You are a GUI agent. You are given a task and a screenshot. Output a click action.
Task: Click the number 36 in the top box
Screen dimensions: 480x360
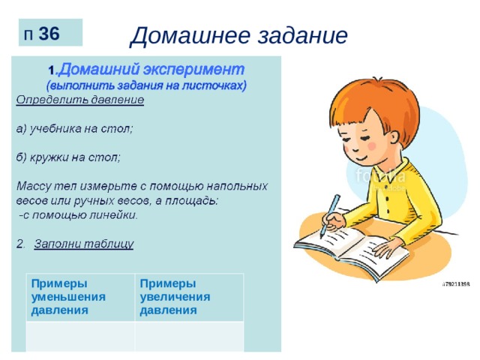pos(49,33)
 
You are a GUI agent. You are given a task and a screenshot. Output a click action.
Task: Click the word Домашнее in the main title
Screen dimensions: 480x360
pos(190,35)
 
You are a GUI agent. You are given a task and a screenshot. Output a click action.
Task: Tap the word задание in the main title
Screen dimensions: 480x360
pos(302,35)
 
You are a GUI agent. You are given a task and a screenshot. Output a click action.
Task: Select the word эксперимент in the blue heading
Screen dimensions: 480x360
pos(194,70)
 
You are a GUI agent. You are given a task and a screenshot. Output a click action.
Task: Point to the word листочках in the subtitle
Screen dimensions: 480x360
pos(214,85)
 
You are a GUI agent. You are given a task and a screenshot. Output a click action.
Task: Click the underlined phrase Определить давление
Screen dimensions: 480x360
pos(80,100)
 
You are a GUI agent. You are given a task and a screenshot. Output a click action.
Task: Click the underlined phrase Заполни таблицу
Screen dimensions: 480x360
pos(83,244)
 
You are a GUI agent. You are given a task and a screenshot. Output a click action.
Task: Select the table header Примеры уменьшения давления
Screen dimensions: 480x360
pos(68,297)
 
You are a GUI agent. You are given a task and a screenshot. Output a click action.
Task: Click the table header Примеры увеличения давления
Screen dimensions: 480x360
pos(175,297)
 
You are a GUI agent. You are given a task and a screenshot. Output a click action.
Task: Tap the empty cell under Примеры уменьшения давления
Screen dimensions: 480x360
pos(80,337)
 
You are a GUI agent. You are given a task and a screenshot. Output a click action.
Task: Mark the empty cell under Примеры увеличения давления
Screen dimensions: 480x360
pos(189,337)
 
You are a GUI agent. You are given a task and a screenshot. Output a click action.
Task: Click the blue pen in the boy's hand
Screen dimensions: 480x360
pos(329,216)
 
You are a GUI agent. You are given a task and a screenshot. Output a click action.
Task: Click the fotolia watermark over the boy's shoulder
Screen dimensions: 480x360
pos(380,176)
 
